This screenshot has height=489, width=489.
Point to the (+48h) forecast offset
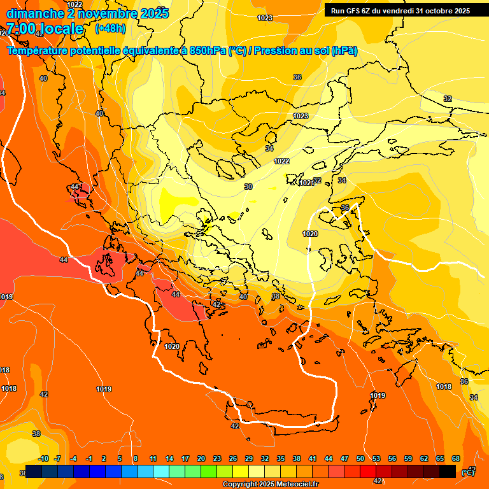tap(110, 29)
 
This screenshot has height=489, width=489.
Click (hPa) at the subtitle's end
tap(344, 51)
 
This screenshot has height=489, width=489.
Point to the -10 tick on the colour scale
tap(43, 459)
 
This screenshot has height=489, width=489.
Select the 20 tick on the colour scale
tap(201, 459)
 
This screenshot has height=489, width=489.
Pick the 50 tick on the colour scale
tap(360, 459)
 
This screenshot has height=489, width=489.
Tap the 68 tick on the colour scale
tap(456, 459)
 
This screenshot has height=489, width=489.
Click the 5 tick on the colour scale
tap(120, 459)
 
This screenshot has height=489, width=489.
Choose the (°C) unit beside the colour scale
tap(468, 472)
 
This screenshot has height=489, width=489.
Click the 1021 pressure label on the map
tap(306, 183)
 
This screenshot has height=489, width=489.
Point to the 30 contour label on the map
tap(248, 187)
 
